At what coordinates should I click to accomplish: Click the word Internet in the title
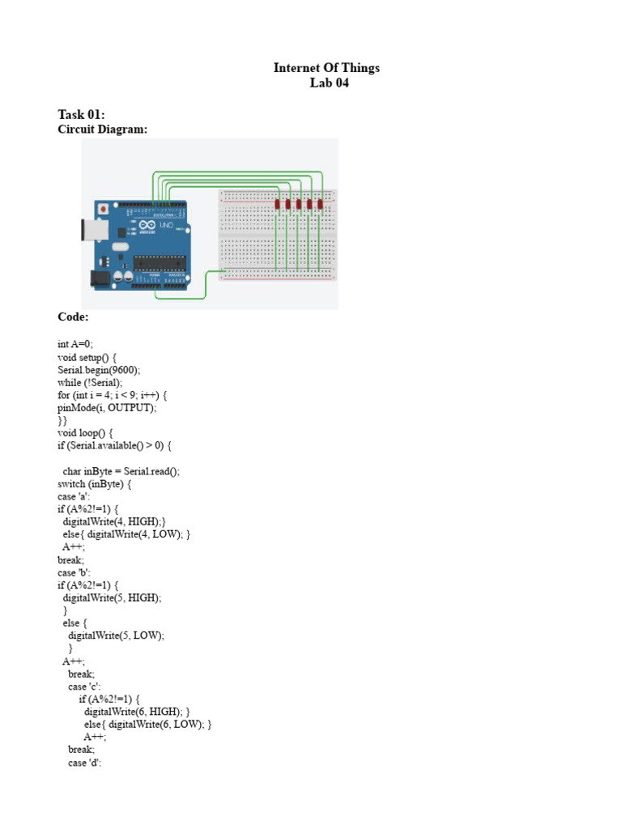click(x=296, y=68)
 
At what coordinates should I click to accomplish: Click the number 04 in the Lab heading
click(x=340, y=83)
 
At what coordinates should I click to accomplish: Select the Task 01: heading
click(x=82, y=114)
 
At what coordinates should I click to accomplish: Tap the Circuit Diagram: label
click(x=103, y=130)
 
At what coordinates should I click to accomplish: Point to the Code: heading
click(x=73, y=317)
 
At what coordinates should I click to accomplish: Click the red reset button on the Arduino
click(x=103, y=209)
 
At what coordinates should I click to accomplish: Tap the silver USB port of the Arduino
click(x=87, y=229)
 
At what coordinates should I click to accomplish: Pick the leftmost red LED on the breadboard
click(x=278, y=205)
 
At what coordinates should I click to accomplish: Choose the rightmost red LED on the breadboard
click(x=320, y=205)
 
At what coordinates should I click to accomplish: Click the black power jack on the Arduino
click(x=99, y=278)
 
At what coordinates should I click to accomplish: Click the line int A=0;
click(x=75, y=344)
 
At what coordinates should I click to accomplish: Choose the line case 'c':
click(x=84, y=687)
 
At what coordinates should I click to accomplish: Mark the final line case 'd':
click(x=84, y=763)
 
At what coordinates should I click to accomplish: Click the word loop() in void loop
click(x=95, y=433)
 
